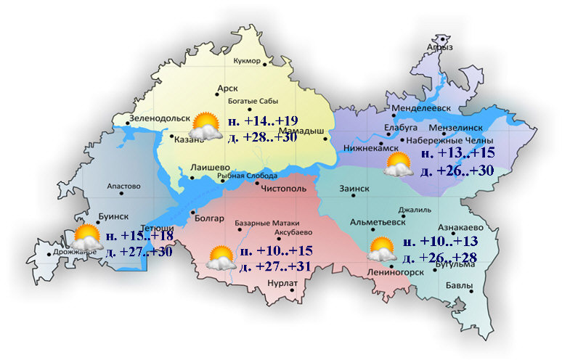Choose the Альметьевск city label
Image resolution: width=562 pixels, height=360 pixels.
[x=378, y=221]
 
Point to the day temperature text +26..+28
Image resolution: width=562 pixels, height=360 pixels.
[x=436, y=258]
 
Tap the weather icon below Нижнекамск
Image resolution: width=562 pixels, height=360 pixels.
[x=399, y=165]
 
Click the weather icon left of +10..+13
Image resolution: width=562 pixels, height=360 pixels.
[x=382, y=249]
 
